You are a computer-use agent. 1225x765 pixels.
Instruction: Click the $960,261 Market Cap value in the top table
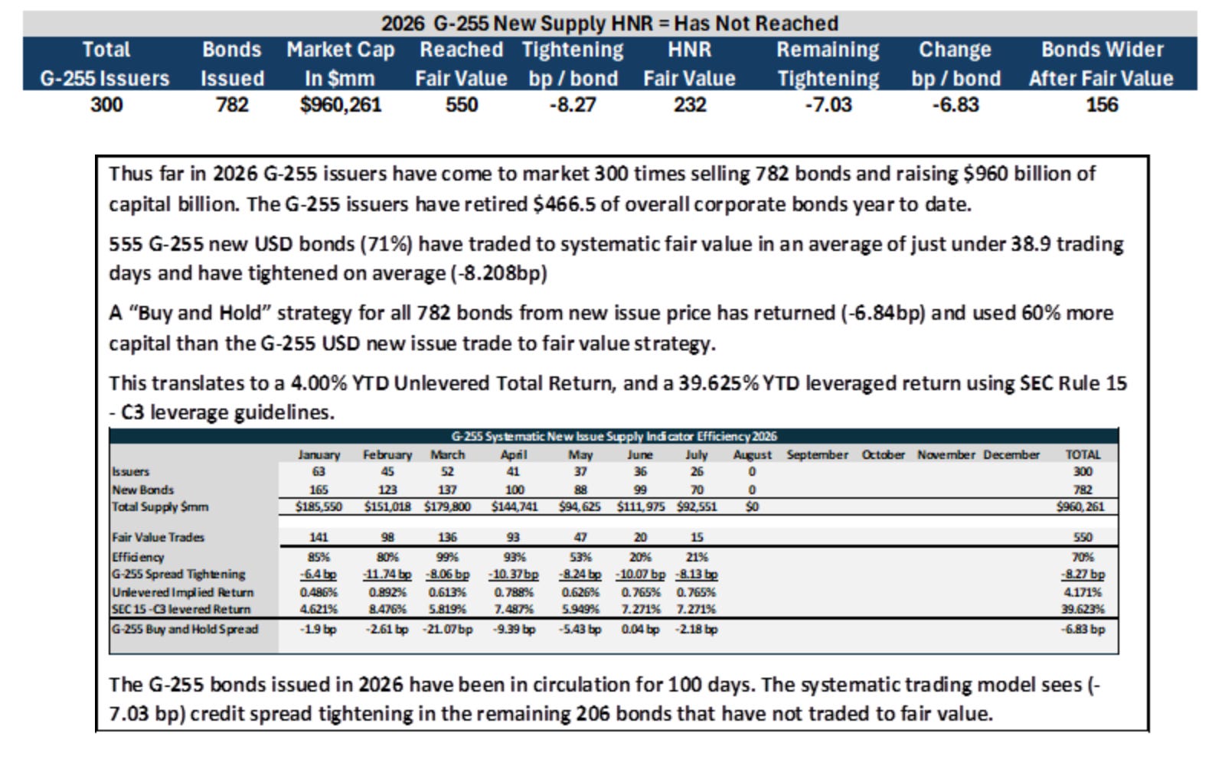340,104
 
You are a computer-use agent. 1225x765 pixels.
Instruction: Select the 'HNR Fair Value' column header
689,64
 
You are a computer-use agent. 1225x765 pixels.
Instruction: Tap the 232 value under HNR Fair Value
690,104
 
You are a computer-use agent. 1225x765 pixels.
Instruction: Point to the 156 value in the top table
1102,104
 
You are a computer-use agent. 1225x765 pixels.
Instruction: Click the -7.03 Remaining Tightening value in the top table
828,104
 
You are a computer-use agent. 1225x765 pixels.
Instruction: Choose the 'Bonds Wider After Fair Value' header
1102,64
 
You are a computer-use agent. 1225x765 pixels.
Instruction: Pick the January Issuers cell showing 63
318,471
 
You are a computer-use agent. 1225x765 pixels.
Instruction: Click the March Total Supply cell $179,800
447,506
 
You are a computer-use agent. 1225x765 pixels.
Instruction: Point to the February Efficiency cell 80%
387,558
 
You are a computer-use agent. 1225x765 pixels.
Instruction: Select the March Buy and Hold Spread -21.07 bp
447,629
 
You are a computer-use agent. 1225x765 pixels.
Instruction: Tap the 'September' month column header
817,454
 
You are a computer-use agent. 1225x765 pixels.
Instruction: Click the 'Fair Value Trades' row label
158,537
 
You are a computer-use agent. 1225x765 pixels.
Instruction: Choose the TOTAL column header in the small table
1083,454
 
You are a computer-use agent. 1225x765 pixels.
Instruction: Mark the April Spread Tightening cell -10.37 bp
513,575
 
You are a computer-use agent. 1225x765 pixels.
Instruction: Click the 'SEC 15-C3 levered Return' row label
181,609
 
